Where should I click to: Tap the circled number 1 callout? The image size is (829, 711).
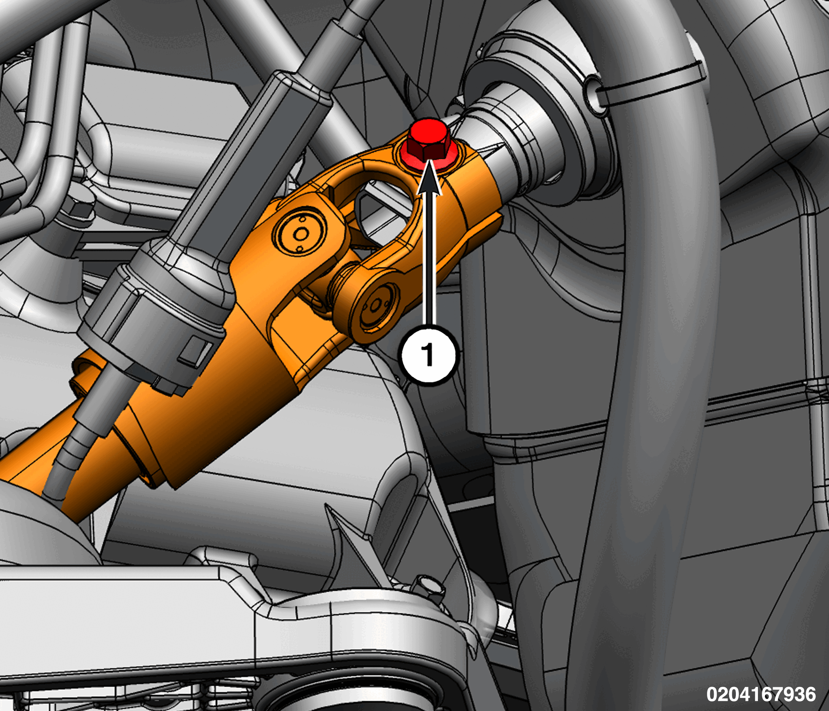(429, 355)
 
